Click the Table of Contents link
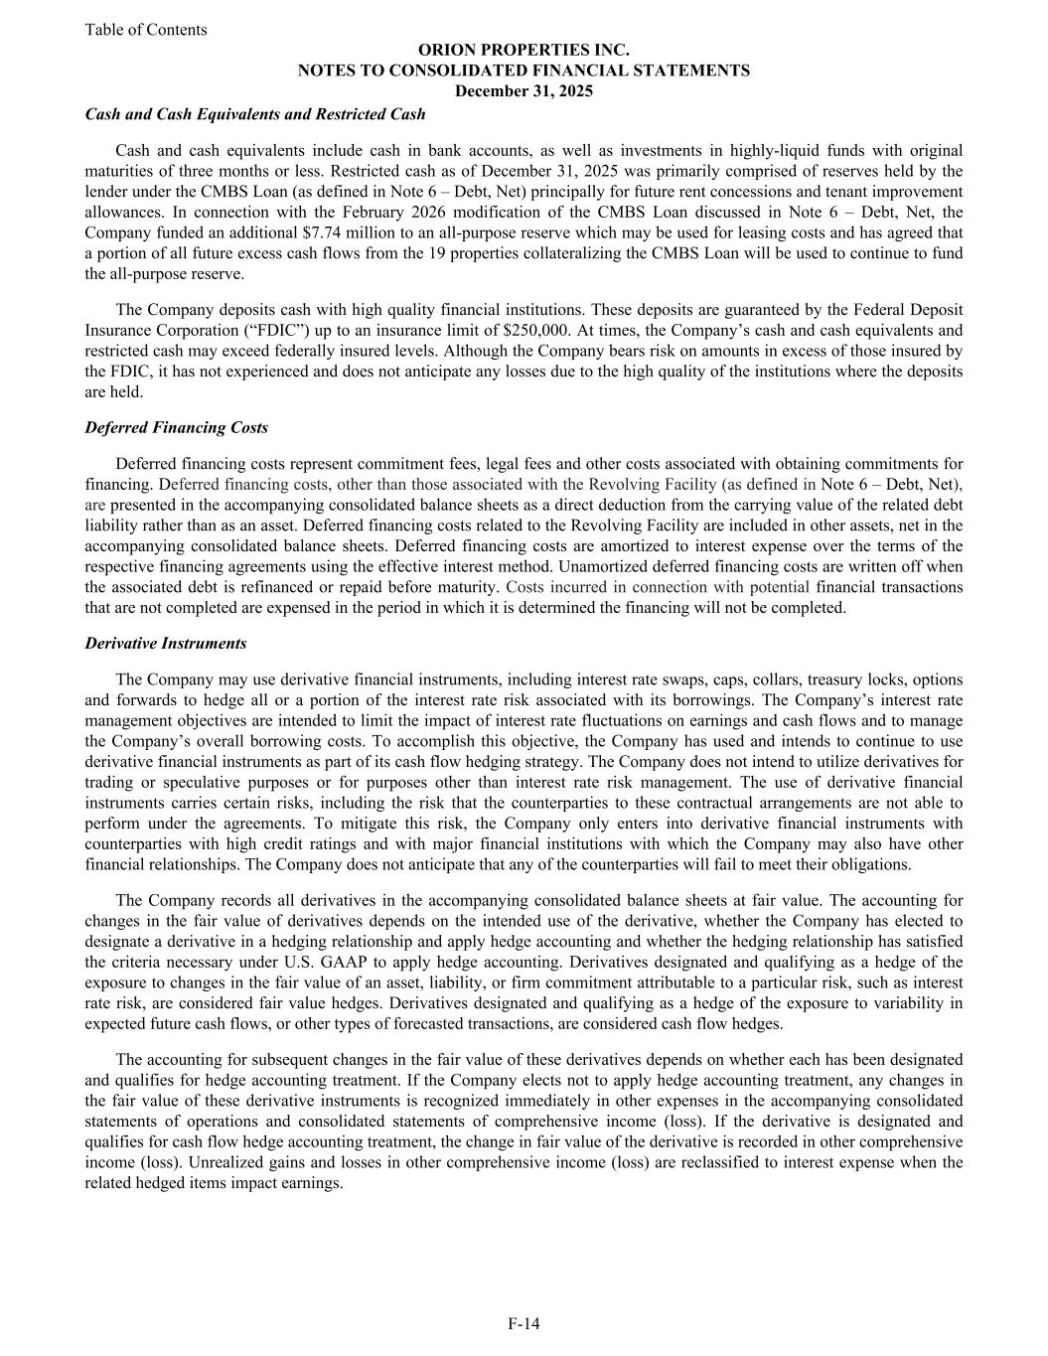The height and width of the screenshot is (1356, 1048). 146,30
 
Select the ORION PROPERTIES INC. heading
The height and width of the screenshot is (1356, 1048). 524,50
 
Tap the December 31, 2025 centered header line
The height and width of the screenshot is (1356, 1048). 524,91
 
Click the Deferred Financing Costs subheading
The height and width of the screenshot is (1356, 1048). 177,427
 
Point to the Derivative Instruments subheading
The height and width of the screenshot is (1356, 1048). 166,643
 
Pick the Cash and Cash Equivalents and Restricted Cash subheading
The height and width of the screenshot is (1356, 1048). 255,114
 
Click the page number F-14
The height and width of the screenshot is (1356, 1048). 524,1323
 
